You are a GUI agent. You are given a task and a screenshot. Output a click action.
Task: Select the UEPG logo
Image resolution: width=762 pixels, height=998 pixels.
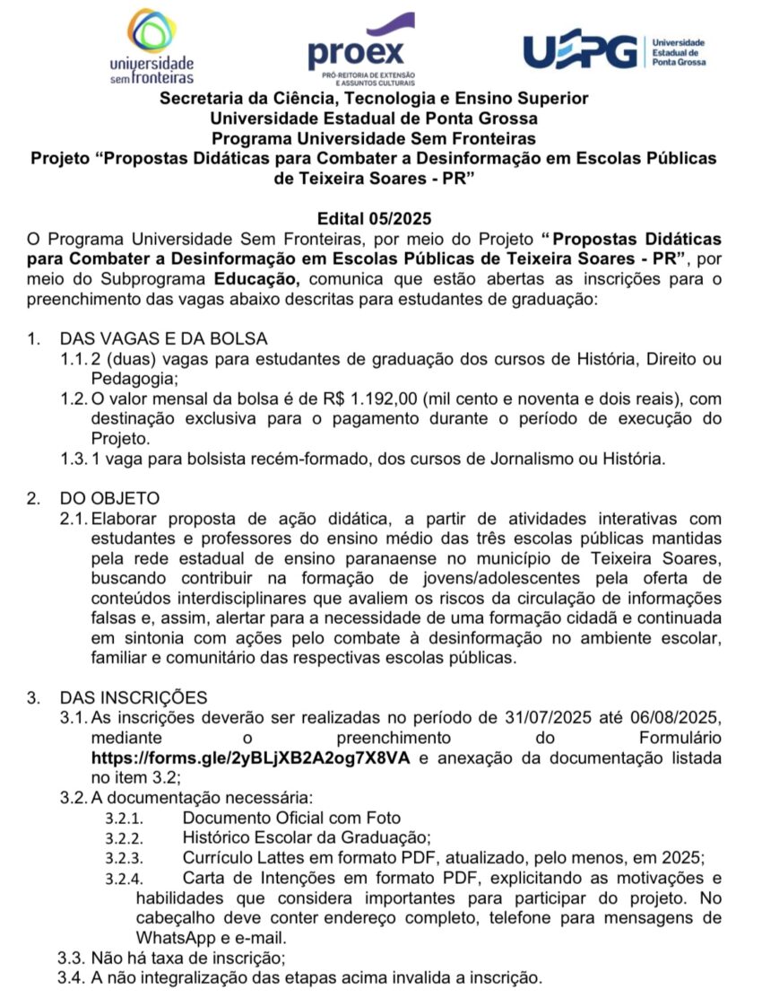[614, 52]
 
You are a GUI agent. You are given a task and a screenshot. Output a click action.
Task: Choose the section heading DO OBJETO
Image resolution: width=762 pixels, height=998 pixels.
[109, 498]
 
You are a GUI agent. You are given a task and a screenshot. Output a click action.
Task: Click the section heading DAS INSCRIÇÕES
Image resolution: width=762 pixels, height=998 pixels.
[134, 697]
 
